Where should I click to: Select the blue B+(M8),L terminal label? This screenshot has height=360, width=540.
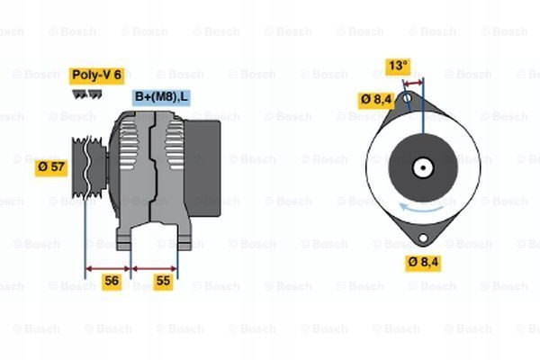coord(161,96)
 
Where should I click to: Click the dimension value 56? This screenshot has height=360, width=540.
coord(112,281)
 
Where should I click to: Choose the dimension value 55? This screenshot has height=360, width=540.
coord(163,281)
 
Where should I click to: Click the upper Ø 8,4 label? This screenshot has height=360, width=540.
coord(376,100)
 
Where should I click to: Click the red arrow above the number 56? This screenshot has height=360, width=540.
coord(108,267)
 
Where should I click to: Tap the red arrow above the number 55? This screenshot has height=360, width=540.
coord(155,267)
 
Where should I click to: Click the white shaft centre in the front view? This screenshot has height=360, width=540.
coord(421,168)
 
